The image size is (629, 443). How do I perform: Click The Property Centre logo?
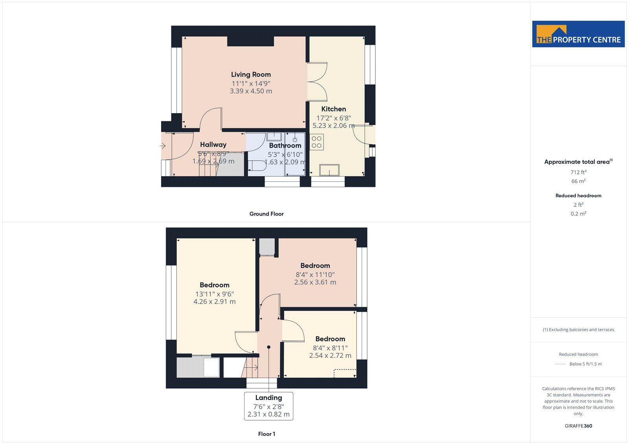click(578, 34)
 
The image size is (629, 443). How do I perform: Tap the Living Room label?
click(251, 74)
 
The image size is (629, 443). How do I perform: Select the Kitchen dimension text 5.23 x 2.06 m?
click(333, 126)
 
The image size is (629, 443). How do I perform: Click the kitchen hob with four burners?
click(316, 142)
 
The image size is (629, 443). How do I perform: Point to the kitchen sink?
click(329, 170)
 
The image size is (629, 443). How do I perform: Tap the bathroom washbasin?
click(273, 136)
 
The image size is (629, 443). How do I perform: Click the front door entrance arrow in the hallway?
click(162, 146)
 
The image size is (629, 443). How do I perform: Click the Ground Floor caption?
click(266, 214)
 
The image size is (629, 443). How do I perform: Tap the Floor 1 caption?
click(267, 434)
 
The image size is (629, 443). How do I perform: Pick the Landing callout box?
click(269, 406)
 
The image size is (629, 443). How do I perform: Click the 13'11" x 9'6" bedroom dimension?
click(214, 294)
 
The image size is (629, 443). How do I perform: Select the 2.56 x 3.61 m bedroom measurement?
click(315, 282)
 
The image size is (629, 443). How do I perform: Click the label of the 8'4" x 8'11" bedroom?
click(330, 339)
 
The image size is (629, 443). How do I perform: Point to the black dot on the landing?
click(269, 347)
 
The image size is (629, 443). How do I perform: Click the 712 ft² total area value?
click(578, 172)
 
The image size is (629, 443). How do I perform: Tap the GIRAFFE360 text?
click(578, 426)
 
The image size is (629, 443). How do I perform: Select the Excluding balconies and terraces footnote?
click(578, 330)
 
